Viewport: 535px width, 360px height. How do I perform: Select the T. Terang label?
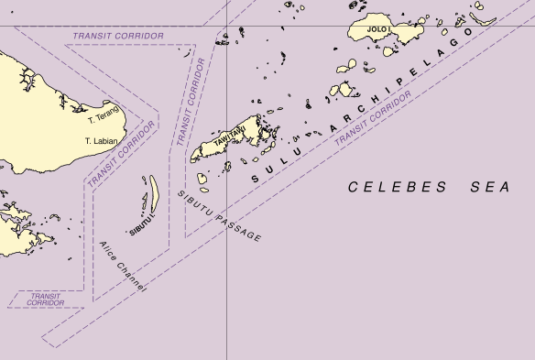104,119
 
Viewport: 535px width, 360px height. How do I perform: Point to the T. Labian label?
101,141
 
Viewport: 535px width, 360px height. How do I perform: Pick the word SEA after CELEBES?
488,187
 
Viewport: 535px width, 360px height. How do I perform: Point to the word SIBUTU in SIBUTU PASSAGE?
192,202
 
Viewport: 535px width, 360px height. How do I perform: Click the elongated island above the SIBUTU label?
154,192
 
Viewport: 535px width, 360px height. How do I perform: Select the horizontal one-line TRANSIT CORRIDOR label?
117,36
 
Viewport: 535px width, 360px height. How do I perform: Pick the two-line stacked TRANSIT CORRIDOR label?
46,300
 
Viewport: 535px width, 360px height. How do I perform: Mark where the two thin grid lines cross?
227,27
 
